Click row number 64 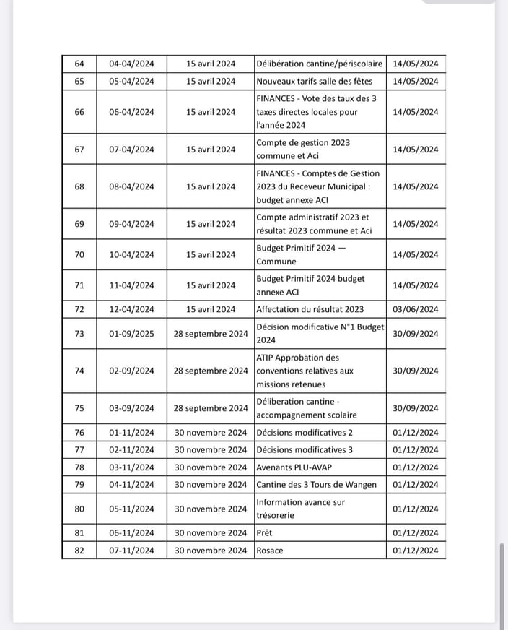point(79,64)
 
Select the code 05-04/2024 point(131,82)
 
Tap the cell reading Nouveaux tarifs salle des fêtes point(314,82)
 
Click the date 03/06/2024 point(416,310)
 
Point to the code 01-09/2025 point(131,334)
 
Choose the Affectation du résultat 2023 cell point(310,310)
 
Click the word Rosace point(270,551)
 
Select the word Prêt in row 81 point(265,533)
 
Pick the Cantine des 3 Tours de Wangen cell point(316,485)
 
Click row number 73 point(79,334)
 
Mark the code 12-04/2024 point(131,310)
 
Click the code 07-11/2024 point(131,551)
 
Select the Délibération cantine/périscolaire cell point(319,64)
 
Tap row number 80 point(79,509)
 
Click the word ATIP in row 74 point(266,358)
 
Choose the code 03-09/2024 point(131,408)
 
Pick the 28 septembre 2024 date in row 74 point(211,371)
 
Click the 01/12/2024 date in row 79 point(416,485)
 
